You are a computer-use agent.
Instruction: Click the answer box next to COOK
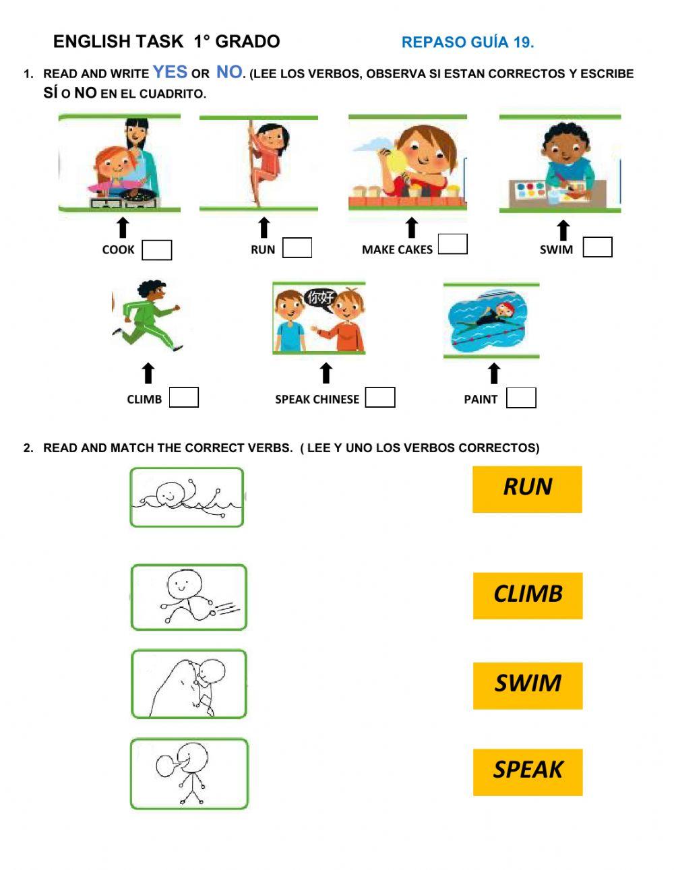tap(157, 250)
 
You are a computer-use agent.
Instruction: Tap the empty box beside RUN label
tap(297, 248)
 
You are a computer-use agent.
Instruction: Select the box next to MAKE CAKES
tap(452, 244)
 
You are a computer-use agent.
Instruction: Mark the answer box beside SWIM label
tap(597, 247)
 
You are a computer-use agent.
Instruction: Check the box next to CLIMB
tap(183, 398)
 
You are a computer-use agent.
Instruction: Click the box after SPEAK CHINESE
tap(380, 398)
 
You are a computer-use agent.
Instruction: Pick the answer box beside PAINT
tap(521, 398)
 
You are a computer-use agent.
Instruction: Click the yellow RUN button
tap(527, 489)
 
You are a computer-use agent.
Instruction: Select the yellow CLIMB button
tap(528, 596)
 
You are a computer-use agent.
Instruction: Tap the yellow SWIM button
tap(528, 685)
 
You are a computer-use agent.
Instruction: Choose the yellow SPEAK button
tap(528, 772)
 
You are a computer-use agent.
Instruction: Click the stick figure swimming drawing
tap(187, 497)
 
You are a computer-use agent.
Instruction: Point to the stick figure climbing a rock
tap(189, 684)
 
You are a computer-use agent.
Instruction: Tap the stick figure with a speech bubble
tap(189, 774)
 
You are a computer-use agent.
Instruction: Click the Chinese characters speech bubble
tap(320, 299)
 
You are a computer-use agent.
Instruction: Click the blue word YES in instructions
tap(170, 72)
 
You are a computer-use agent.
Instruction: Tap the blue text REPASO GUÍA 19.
tap(468, 42)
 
